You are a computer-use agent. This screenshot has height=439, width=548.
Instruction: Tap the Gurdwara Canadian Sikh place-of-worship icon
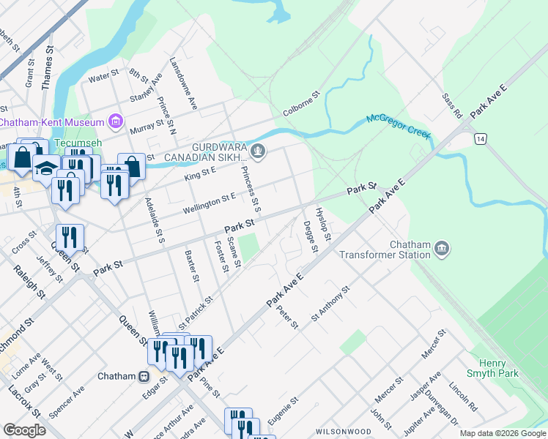click(257, 152)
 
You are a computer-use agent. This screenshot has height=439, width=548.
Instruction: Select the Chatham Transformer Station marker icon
click(441, 249)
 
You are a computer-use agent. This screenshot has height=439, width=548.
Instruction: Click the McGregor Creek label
click(397, 125)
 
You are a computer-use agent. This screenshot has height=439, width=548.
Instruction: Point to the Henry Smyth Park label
click(498, 368)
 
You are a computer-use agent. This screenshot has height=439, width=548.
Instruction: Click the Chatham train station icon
click(144, 376)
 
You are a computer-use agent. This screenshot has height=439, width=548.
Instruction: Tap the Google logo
click(24, 430)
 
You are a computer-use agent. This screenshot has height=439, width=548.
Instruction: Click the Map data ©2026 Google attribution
click(503, 433)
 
